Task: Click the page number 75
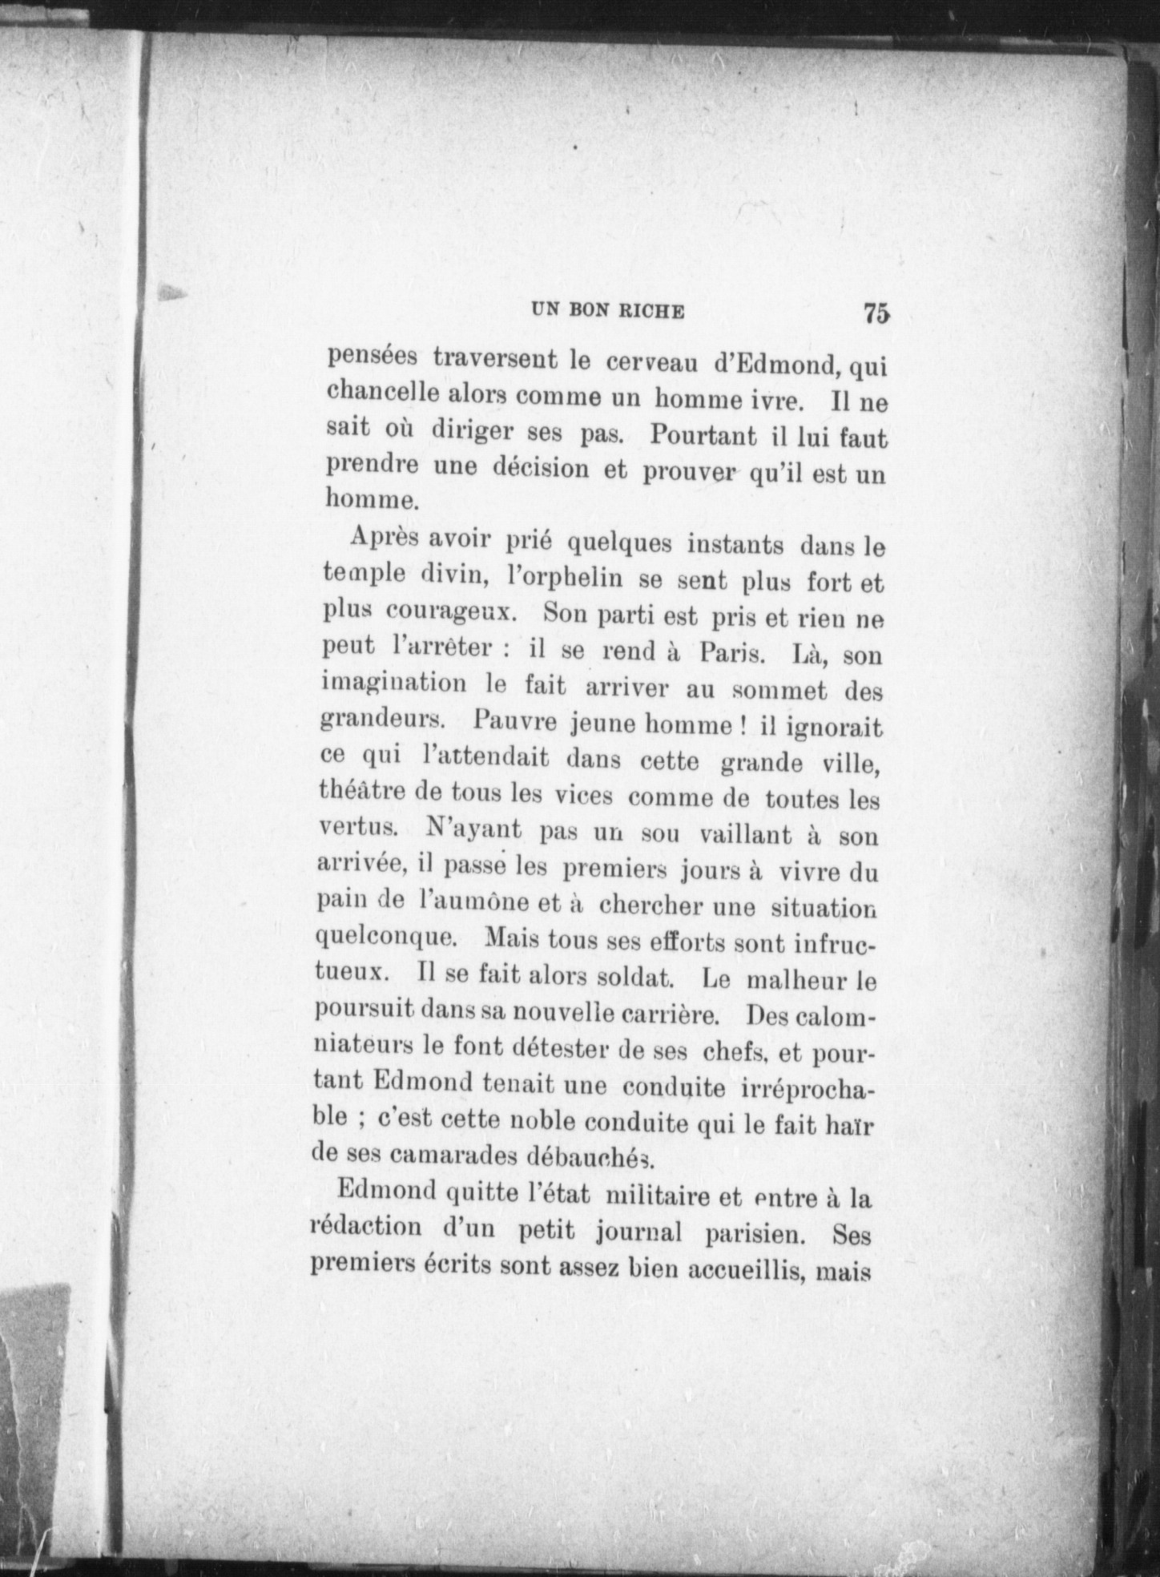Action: pyautogui.click(x=876, y=313)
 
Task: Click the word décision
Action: pyautogui.click(x=541, y=468)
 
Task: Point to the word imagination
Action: pyautogui.click(x=393, y=684)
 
